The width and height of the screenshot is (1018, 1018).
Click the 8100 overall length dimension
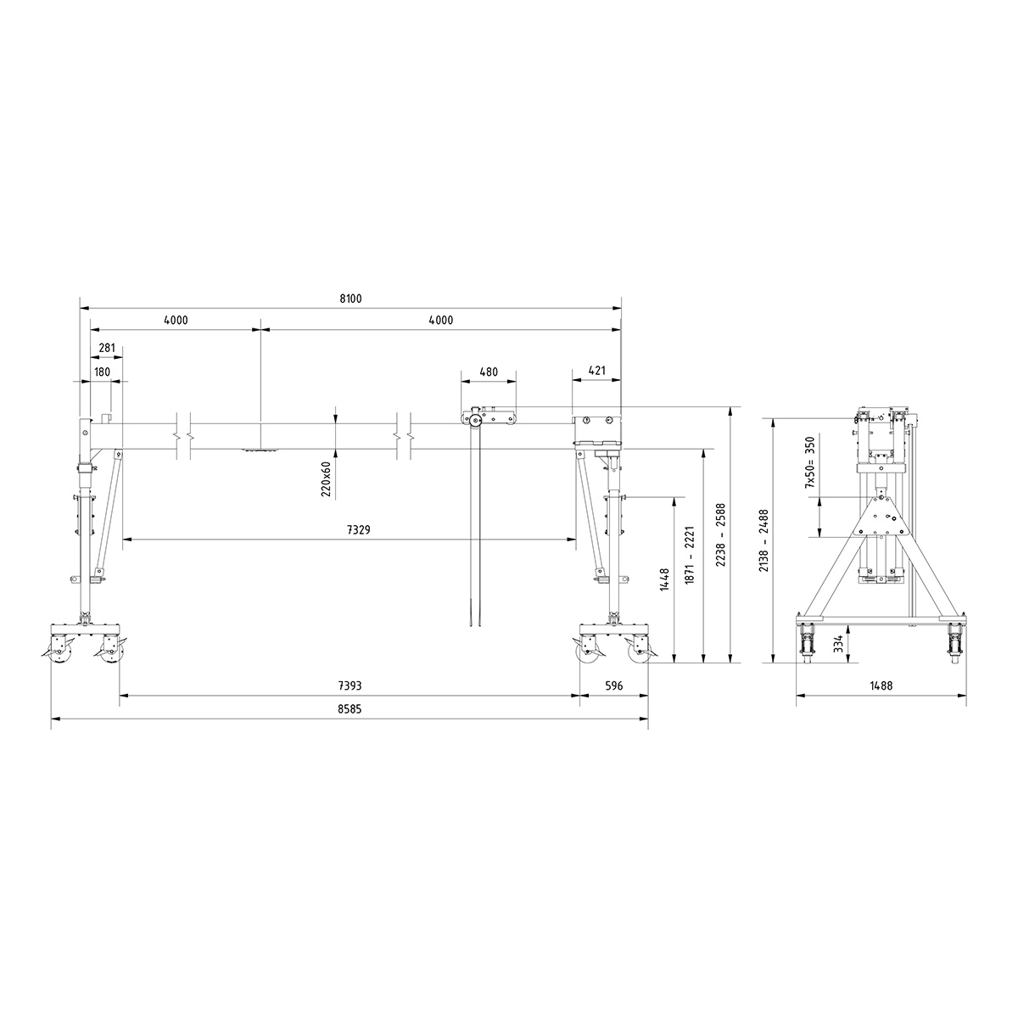[x=350, y=298]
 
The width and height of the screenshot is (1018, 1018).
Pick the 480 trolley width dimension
[x=489, y=372]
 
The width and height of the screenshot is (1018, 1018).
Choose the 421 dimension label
[x=597, y=372]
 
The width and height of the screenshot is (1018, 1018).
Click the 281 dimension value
[x=107, y=347]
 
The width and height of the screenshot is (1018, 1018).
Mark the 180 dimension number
[x=102, y=372]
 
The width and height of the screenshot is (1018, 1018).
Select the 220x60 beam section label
[x=327, y=478]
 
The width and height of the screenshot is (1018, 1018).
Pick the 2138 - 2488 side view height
[x=763, y=540]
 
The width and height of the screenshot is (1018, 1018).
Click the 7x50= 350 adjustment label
[x=810, y=462]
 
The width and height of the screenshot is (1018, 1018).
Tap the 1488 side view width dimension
[x=882, y=685]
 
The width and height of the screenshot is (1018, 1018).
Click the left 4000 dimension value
[x=176, y=321]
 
